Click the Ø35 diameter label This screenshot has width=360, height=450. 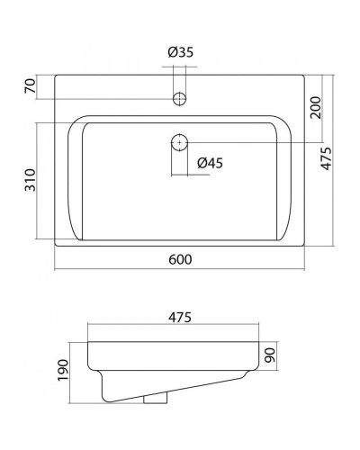click(181, 52)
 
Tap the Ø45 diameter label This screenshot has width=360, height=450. click(209, 162)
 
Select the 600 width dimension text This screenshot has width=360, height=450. click(180, 259)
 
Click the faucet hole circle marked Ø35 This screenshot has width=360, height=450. click(180, 97)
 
